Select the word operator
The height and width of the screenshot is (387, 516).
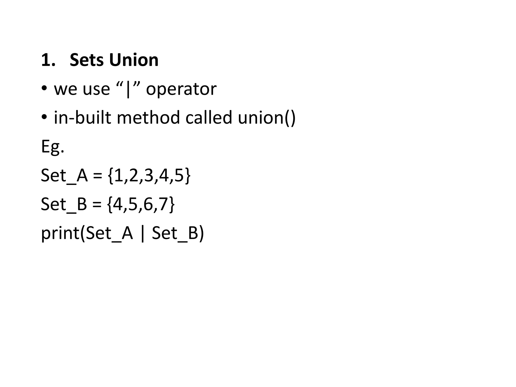click(x=181, y=89)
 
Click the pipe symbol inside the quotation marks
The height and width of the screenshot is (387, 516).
click(x=128, y=89)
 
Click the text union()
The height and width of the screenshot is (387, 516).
click(x=267, y=118)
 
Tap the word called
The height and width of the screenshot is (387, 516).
click(x=209, y=118)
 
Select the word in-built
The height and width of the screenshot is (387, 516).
click(x=82, y=118)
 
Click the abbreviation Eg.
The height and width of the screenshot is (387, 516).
click(x=52, y=146)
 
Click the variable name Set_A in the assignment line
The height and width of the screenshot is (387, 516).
click(x=64, y=175)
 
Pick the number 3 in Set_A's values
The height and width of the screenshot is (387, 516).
click(x=149, y=175)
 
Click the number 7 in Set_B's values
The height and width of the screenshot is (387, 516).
click(x=163, y=204)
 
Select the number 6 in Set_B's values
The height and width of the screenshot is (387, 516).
click(x=148, y=204)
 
